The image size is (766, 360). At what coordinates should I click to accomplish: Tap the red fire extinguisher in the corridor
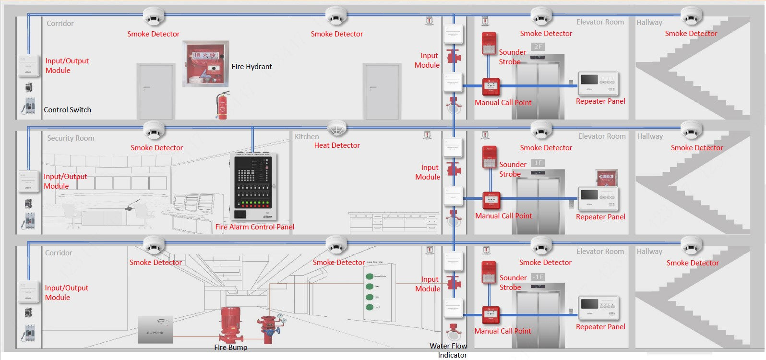[222, 106]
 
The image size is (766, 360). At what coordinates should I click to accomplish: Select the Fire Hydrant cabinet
[205, 63]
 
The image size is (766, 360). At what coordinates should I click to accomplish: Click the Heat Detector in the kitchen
[336, 129]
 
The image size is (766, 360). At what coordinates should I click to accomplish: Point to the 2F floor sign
[538, 47]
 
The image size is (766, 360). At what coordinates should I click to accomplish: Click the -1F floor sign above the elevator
[538, 277]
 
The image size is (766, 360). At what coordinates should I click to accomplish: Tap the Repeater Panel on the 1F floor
[598, 198]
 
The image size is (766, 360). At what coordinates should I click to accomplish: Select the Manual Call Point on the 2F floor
[491, 87]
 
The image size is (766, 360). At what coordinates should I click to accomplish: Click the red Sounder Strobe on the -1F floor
[489, 272]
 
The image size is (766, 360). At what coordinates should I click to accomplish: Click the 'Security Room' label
[71, 138]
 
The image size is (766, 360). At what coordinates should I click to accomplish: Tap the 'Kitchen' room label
[307, 137]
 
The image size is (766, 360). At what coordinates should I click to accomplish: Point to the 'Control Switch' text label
[67, 110]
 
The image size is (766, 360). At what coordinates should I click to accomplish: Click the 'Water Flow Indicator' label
[449, 350]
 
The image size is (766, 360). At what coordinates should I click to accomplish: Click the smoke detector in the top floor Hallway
[691, 17]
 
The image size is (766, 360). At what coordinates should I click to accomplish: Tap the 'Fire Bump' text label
[231, 348]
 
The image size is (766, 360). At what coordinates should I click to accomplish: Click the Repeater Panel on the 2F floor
[598, 84]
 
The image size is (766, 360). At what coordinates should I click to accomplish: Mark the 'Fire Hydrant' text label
[251, 67]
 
